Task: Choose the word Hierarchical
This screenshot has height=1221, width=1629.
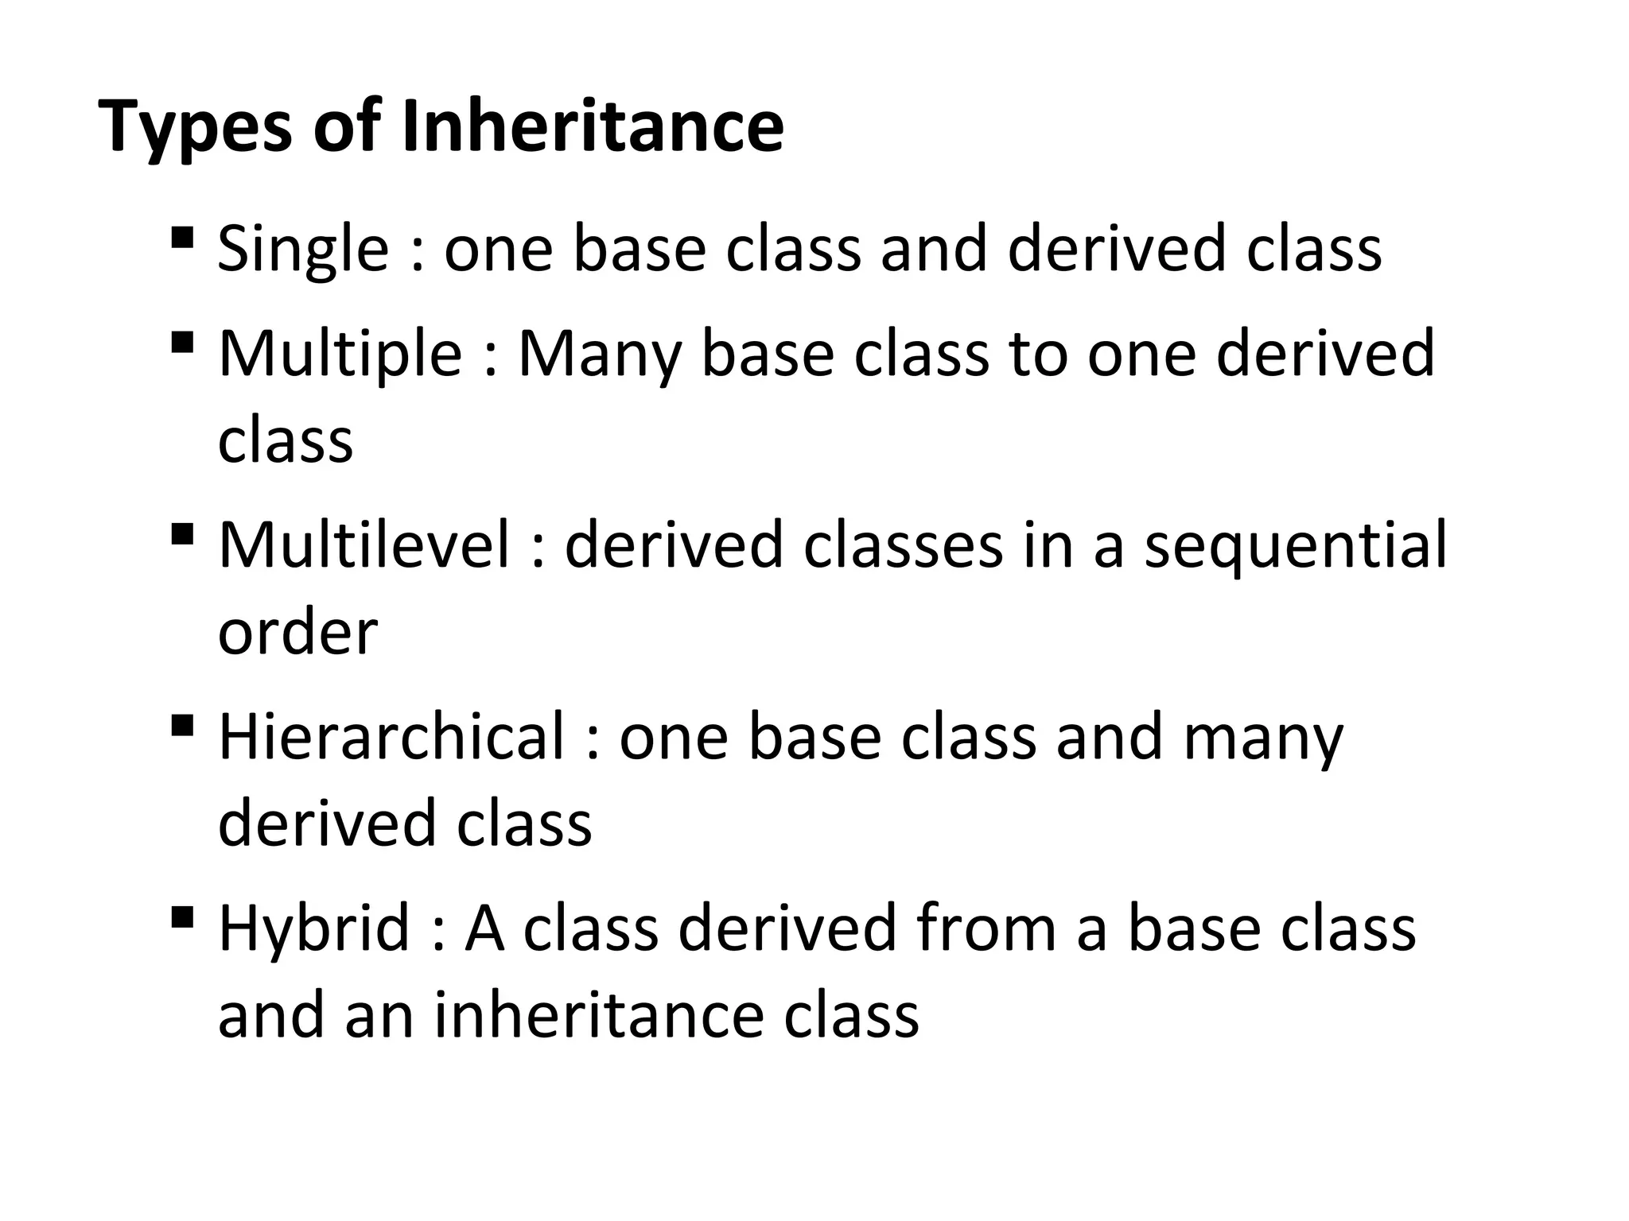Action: (391, 737)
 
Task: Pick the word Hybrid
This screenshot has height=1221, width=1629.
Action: (313, 929)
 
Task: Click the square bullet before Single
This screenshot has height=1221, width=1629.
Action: (182, 238)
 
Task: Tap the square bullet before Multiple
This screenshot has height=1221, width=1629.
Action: (182, 343)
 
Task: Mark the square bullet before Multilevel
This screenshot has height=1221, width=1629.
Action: (182, 533)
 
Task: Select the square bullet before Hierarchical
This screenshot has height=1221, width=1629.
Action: (182, 725)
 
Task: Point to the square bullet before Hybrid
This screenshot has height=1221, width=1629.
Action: (182, 917)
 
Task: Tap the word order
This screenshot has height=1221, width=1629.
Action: (297, 633)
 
